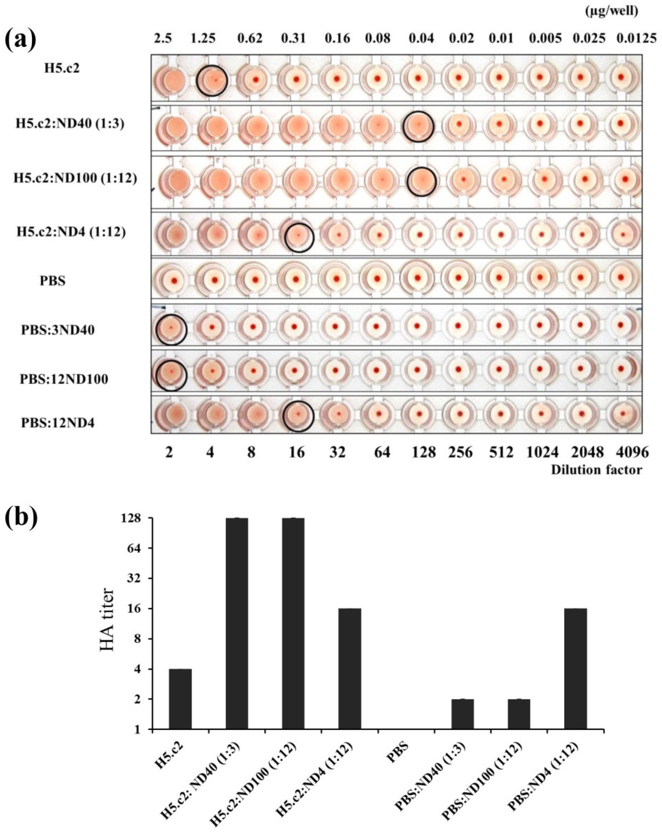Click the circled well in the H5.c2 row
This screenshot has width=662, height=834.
[x=212, y=80]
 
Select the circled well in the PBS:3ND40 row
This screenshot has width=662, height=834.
[x=171, y=329]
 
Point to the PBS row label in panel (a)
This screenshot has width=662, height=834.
[x=53, y=281]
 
